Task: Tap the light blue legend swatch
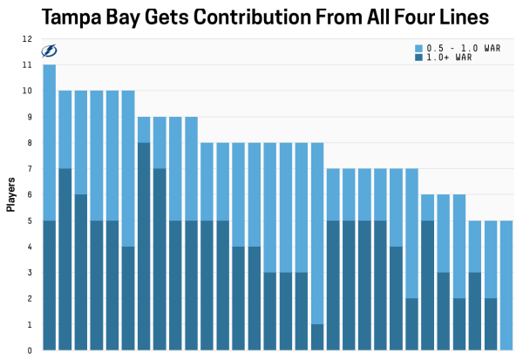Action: click(x=418, y=48)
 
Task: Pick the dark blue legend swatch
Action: click(x=418, y=58)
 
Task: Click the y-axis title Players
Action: click(x=11, y=194)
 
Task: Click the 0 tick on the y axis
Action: click(x=29, y=350)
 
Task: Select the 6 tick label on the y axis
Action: click(x=29, y=194)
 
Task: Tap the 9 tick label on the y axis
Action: click(x=29, y=117)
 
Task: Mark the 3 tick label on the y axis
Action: click(x=29, y=273)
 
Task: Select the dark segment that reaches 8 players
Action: click(x=144, y=247)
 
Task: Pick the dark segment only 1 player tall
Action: click(x=317, y=337)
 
